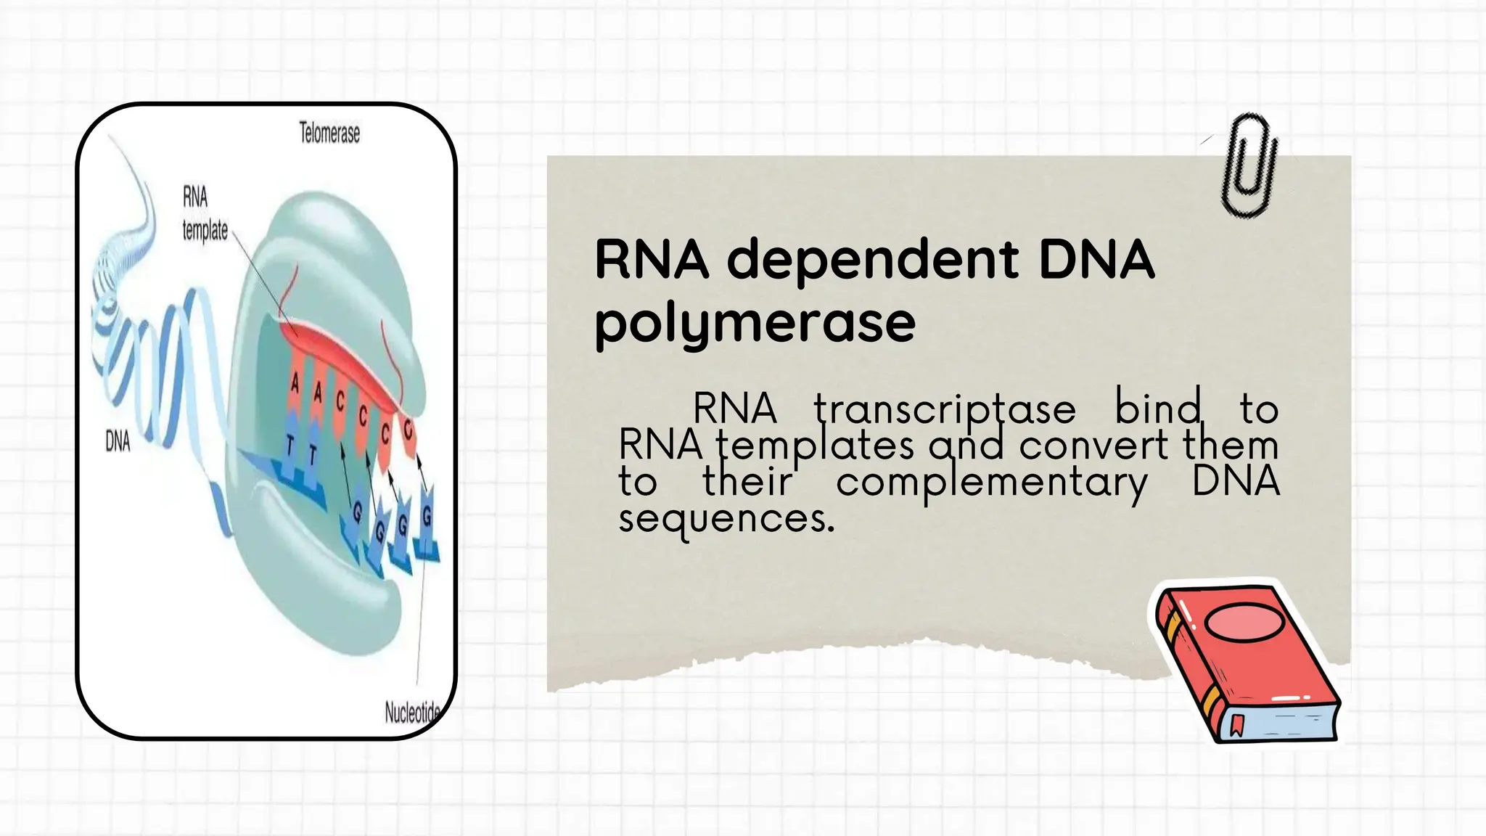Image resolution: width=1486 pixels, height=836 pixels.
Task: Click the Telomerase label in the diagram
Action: [x=329, y=134]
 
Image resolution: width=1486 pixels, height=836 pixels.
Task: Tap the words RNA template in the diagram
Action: [x=204, y=214]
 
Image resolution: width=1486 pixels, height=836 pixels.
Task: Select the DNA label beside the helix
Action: [x=118, y=440]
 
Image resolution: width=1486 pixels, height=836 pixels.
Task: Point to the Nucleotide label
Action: [x=412, y=713]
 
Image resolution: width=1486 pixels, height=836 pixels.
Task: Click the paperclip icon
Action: [x=1248, y=166]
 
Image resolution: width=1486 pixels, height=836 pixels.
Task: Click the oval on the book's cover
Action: [x=1243, y=622]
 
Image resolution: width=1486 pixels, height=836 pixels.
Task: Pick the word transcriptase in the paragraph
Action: [x=944, y=409]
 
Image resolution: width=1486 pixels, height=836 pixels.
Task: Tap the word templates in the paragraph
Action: [x=815, y=445]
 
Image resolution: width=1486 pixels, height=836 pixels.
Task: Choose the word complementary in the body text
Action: [x=991, y=482]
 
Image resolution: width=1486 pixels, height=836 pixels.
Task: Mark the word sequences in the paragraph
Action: [x=726, y=518]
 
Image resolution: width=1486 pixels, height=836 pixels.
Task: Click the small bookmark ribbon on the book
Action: [x=1237, y=725]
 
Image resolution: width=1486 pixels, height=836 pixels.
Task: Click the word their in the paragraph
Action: [x=747, y=481]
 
